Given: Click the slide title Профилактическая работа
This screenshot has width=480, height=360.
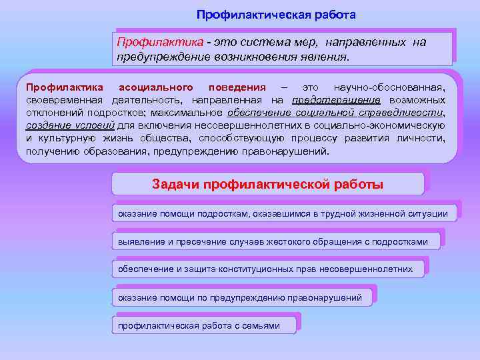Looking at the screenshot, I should click(277, 15).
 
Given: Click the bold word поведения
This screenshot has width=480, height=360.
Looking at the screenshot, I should click(237, 87).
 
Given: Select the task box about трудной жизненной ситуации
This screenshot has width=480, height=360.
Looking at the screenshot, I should click(286, 213).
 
